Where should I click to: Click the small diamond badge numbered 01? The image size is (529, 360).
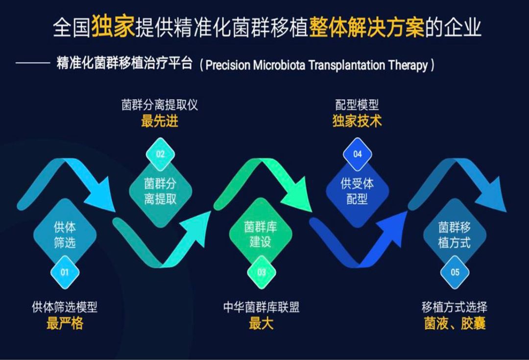click(x=65, y=272)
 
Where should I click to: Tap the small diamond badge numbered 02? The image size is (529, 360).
click(x=160, y=154)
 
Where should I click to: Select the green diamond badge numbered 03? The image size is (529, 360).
click(x=262, y=272)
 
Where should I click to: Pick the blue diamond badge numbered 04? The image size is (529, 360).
click(x=357, y=154)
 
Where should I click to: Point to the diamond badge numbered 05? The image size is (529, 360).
click(x=455, y=272)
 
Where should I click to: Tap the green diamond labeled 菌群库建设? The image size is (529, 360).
click(x=261, y=234)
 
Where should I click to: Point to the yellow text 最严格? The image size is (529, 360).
click(x=65, y=323)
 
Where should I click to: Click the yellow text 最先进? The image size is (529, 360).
click(x=160, y=121)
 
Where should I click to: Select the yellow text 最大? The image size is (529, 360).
click(x=261, y=323)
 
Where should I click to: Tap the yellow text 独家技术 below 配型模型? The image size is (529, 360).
click(x=357, y=121)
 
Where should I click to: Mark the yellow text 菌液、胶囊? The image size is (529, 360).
click(x=455, y=323)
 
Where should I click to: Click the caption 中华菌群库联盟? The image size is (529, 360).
click(x=261, y=307)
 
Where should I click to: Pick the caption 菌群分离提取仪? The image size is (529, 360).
click(x=160, y=105)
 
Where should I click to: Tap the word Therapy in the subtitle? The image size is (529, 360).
click(x=408, y=65)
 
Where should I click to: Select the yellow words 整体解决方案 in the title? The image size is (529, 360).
click(x=366, y=27)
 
